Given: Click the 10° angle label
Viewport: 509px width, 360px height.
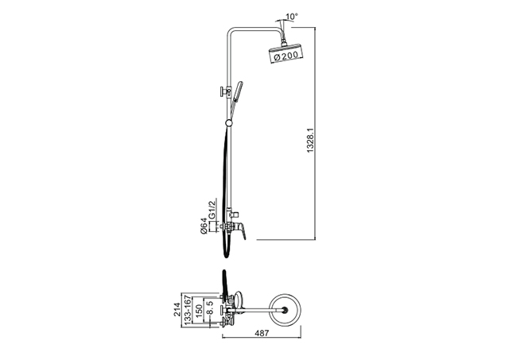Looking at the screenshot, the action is click(x=292, y=16).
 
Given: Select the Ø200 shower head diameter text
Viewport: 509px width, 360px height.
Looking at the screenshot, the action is click(x=286, y=56).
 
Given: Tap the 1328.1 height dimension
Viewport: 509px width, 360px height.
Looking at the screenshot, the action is click(x=310, y=140).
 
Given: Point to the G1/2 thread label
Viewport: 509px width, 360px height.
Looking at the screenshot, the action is click(x=212, y=210).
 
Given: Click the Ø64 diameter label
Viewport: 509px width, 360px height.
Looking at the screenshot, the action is click(x=204, y=226).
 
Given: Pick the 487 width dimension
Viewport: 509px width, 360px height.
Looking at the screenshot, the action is click(x=262, y=333).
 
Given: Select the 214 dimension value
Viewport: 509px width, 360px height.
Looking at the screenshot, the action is click(x=177, y=310).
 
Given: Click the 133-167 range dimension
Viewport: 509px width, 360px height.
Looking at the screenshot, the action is click(x=188, y=309).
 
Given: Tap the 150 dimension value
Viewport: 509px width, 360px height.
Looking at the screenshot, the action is click(x=199, y=311).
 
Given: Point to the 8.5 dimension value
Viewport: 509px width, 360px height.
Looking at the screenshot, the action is click(x=210, y=308).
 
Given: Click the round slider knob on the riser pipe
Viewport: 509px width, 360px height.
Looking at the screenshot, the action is click(x=229, y=123).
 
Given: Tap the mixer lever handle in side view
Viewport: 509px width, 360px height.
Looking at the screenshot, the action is click(x=241, y=231).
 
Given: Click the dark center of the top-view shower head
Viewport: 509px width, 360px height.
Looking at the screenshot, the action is click(x=286, y=311).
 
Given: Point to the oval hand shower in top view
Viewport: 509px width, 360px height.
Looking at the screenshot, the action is click(x=239, y=300).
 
